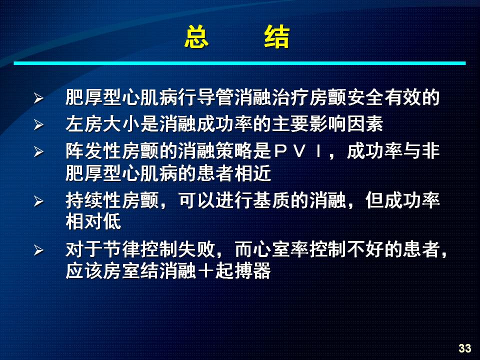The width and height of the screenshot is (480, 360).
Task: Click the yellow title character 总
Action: pyautogui.click(x=196, y=36)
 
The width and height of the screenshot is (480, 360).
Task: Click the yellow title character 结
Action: pyautogui.click(x=276, y=36)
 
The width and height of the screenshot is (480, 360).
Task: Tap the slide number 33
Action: pyautogui.click(x=464, y=348)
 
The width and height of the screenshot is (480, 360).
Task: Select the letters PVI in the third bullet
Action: pyautogui.click(x=297, y=151)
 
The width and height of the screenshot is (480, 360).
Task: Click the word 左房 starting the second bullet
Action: pyautogui.click(x=84, y=124)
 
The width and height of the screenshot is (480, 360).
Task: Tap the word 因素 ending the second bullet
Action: pyautogui.click(x=365, y=124)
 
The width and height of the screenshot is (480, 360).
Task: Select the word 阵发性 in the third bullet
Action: pyautogui.click(x=93, y=151)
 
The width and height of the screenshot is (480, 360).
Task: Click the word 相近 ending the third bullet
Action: pyautogui.click(x=253, y=173)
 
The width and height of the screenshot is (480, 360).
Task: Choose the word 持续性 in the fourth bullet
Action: pyautogui.click(x=93, y=200)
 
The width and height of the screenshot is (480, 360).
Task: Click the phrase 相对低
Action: pyautogui.click(x=93, y=221)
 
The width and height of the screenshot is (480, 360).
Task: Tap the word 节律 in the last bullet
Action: pyautogui.click(x=121, y=249)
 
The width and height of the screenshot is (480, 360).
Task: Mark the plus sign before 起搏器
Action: pyautogui.click(x=205, y=270)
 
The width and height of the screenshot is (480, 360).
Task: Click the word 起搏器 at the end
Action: pyautogui.click(x=243, y=270)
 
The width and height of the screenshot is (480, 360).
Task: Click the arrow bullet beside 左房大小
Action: pyautogui.click(x=38, y=124)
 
